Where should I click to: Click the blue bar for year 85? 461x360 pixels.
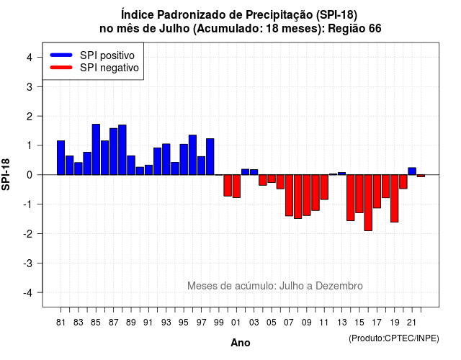[x=96, y=149]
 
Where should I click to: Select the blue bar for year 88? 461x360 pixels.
[x=122, y=150]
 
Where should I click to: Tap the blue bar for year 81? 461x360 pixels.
[x=61, y=158]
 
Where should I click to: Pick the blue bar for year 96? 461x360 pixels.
[x=192, y=155]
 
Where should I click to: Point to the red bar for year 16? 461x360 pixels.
[x=368, y=203]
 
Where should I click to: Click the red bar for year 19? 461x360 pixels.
[x=395, y=199]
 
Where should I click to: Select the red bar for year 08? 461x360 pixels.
[x=297, y=197]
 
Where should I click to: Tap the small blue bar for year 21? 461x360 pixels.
[x=412, y=171]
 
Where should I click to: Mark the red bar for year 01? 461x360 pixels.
[x=236, y=186]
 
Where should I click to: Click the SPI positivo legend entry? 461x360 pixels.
[x=92, y=55]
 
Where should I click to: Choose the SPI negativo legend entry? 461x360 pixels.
[x=94, y=68]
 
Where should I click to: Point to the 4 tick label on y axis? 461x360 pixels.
[x=30, y=58]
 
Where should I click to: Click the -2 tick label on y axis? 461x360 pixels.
[x=28, y=233]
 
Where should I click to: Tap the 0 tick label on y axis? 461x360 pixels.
[x=30, y=175]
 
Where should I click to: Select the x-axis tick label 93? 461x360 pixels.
[x=166, y=323]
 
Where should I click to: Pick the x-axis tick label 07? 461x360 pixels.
[x=289, y=323]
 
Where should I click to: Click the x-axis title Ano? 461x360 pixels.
[x=241, y=343]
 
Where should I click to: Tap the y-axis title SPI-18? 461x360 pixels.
[x=6, y=175]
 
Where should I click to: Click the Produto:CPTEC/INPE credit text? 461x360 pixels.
[x=394, y=338]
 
